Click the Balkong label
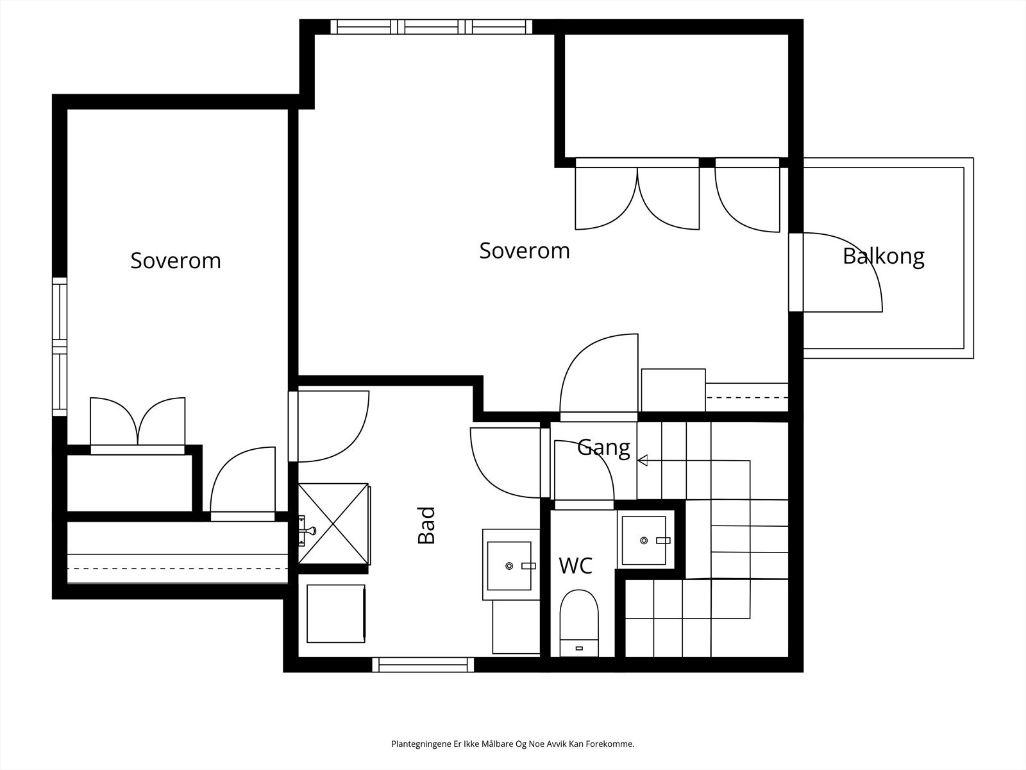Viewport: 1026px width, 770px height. tap(884, 256)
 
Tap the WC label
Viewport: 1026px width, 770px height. tap(575, 565)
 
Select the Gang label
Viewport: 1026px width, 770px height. tap(603, 448)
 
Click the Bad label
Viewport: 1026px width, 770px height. tap(426, 526)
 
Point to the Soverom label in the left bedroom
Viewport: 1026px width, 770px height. tap(176, 261)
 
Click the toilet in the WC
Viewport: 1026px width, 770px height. tap(579, 622)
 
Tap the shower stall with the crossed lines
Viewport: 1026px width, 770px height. tap(333, 524)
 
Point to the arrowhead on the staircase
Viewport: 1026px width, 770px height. tap(643, 461)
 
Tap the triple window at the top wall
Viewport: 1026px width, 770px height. tap(431, 27)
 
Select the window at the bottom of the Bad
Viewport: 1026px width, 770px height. tap(423, 664)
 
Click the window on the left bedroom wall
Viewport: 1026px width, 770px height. tap(60, 346)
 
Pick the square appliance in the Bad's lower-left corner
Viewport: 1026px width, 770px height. tap(336, 613)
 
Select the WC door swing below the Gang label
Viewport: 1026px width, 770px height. tap(584, 475)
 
